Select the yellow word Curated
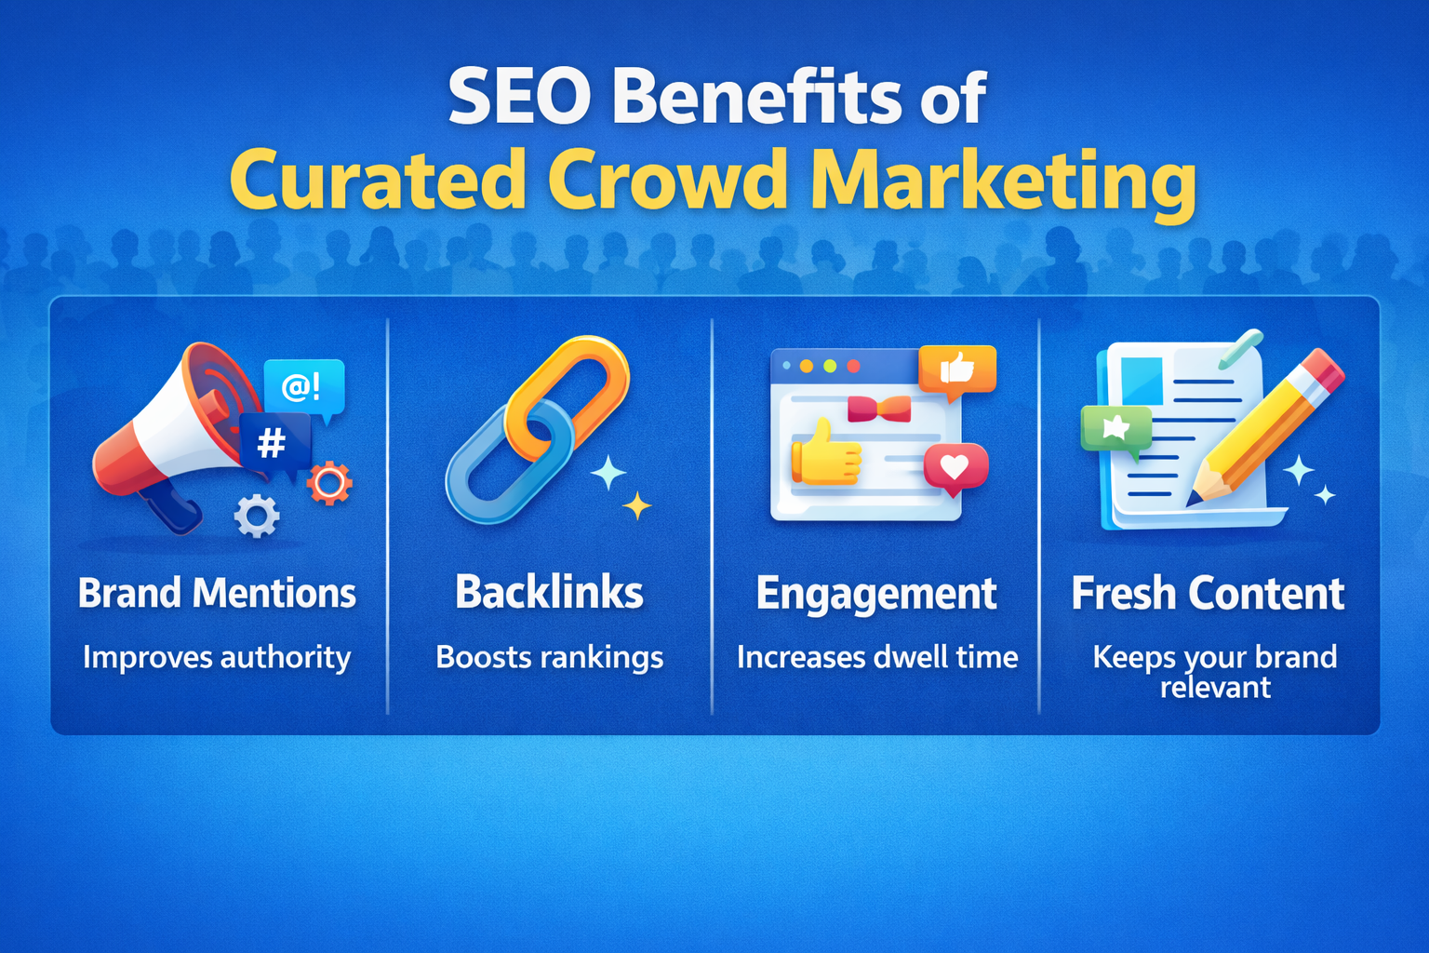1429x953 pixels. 378,179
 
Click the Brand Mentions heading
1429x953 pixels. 217,594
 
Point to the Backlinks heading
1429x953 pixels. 549,593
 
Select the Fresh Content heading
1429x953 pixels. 1208,594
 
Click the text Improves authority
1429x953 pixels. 217,658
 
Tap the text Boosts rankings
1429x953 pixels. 549,658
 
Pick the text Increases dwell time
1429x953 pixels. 876,657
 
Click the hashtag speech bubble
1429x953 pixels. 274,442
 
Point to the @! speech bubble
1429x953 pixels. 303,385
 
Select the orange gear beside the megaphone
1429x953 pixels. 329,483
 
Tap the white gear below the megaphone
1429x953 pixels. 257,516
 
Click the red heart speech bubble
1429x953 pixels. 955,465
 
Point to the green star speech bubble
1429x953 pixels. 1115,430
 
